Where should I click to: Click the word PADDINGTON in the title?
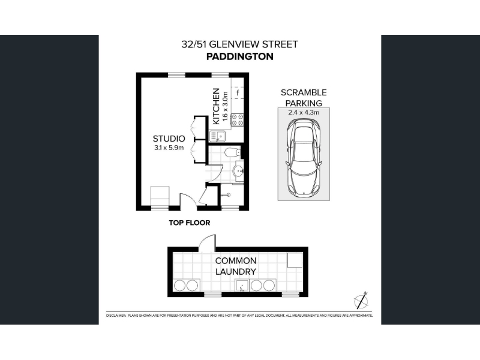pos(239,56)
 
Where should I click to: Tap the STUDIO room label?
pos(169,139)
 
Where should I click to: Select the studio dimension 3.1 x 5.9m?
pos(169,148)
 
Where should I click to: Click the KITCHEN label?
pos(216,106)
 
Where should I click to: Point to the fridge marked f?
pos(238,93)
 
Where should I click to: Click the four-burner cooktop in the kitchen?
pos(238,119)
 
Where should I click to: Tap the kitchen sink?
pos(217,136)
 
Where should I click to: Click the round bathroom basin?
pos(238,171)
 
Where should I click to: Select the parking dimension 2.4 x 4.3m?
pos(304,112)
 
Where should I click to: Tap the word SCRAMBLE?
pos(304,92)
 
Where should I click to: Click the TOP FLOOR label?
pos(190,223)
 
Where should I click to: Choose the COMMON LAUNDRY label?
pos(236,266)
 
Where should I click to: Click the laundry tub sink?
pos(242,286)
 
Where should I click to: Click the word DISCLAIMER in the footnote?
pos(116,316)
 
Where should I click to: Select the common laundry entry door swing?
pos(208,242)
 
